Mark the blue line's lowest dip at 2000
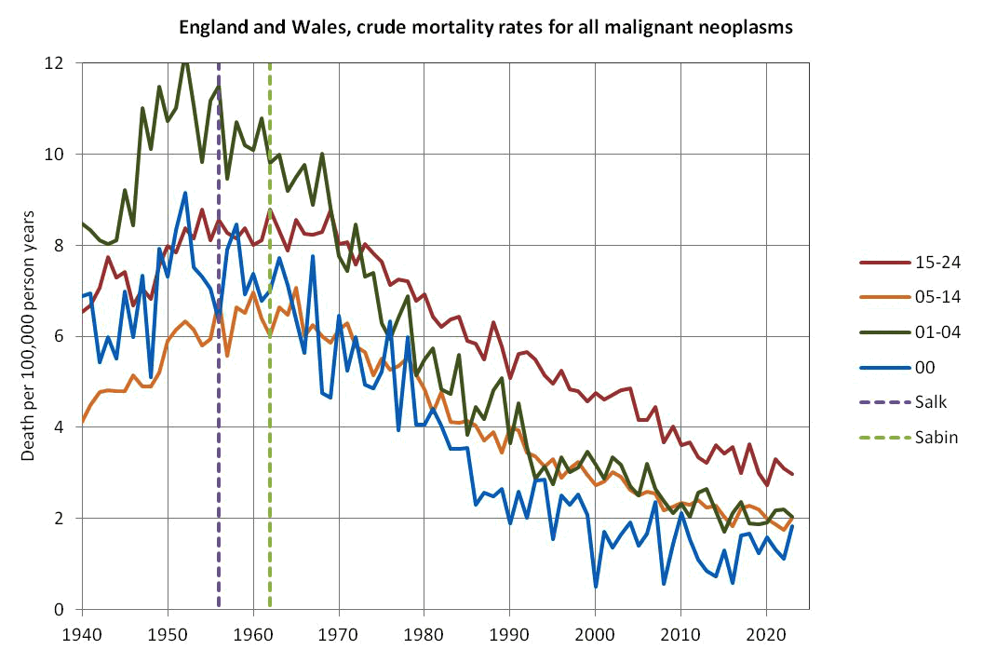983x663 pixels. [595, 587]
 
